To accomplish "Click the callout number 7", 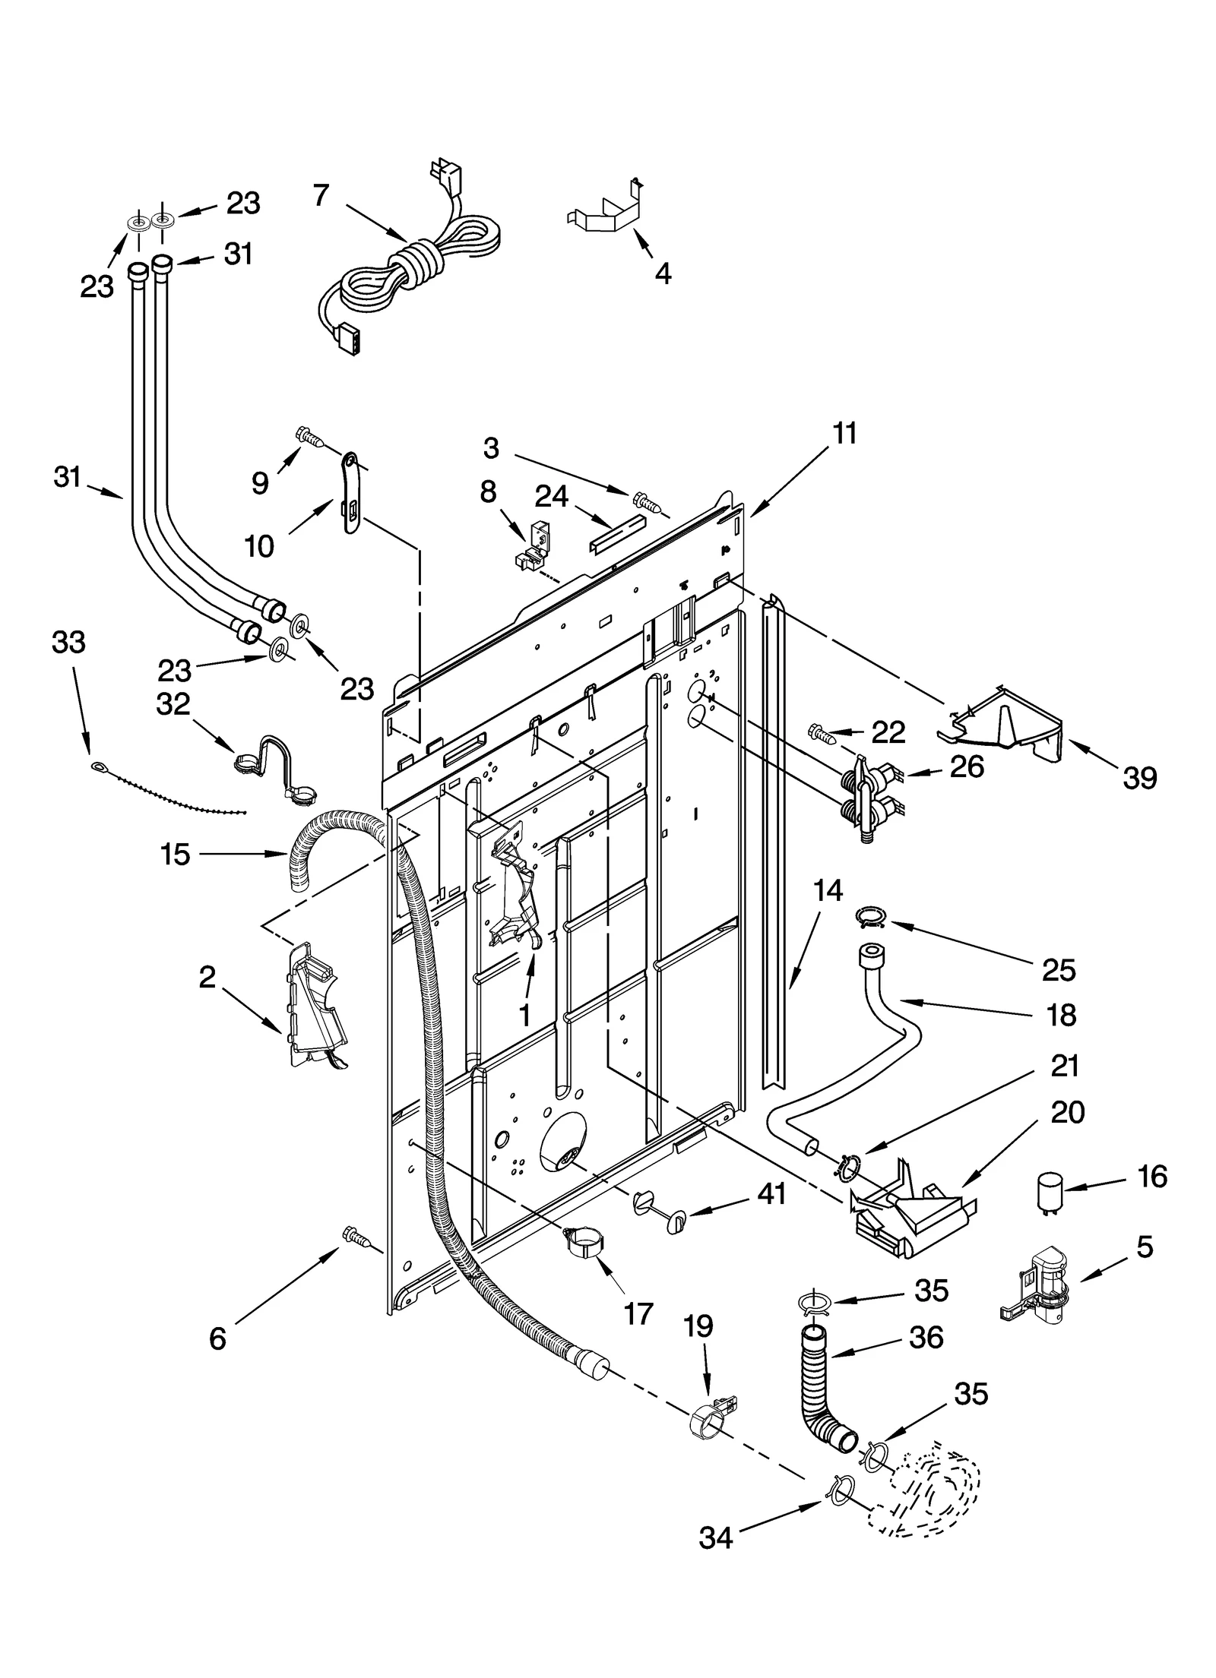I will pyautogui.click(x=321, y=195).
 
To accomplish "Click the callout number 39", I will pyautogui.click(x=1139, y=778).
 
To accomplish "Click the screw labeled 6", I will pyautogui.click(x=356, y=1237).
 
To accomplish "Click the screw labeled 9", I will pyautogui.click(x=309, y=437).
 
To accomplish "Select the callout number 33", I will pyautogui.click(x=68, y=643).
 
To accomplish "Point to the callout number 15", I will pyautogui.click(x=175, y=854).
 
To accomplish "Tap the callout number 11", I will pyautogui.click(x=844, y=433).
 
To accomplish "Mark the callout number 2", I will pyautogui.click(x=207, y=977).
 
